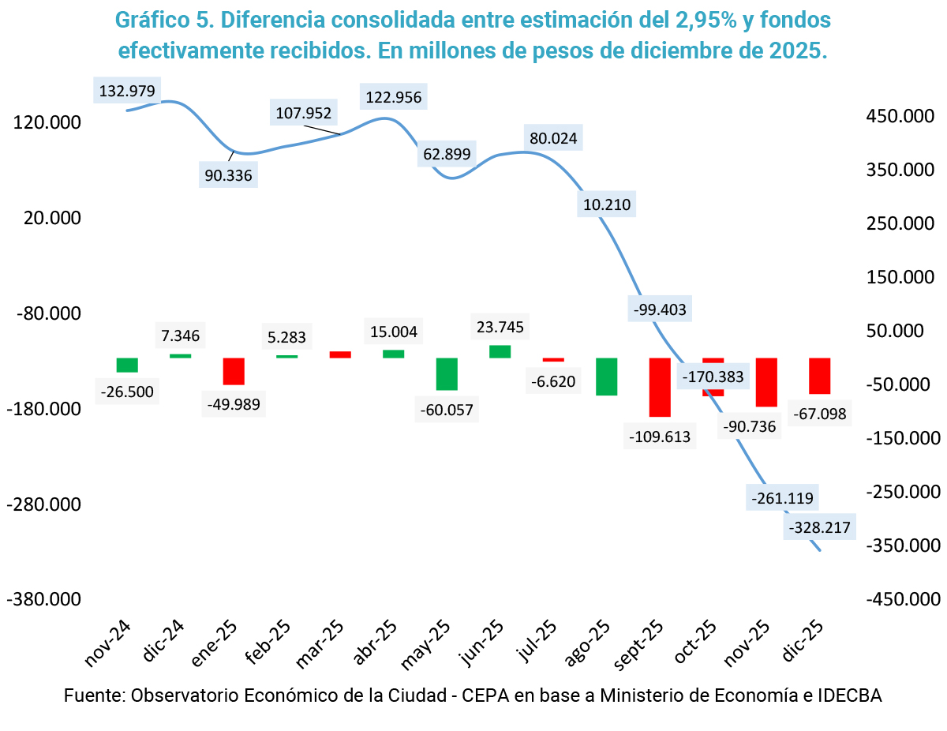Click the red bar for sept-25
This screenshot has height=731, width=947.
pos(660,387)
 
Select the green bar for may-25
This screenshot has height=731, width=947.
pos(447,373)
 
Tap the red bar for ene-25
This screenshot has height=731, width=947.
pos(234,371)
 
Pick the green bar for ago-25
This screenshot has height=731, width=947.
pos(606,377)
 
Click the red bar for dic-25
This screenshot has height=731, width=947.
pos(819,376)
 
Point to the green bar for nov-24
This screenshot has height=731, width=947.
pos(127,365)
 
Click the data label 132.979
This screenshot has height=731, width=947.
pos(127,90)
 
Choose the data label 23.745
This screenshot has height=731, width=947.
pos(499,327)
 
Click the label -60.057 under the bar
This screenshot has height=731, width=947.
pos(447,410)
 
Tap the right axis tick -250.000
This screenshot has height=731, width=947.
pos(897,492)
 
